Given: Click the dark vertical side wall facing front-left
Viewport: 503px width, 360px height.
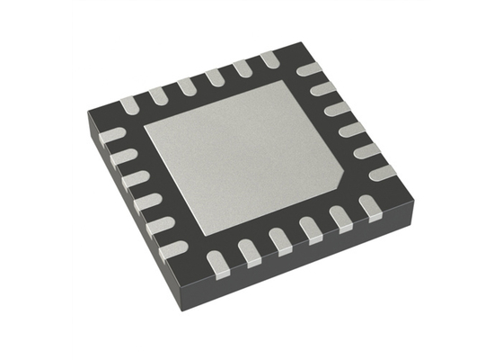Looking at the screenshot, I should point(144,225).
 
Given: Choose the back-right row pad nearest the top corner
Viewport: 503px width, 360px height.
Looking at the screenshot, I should point(308,69).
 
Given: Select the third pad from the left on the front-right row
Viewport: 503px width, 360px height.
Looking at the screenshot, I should point(280,238).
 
